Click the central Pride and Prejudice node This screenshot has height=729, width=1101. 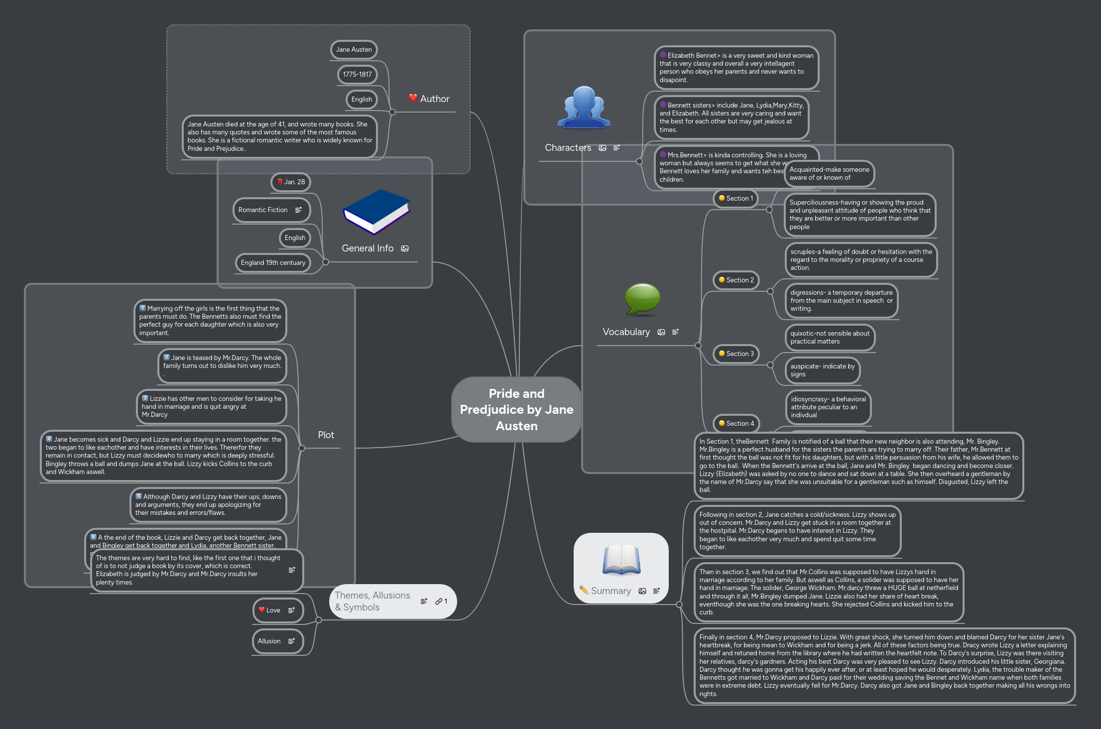pyautogui.click(x=516, y=409)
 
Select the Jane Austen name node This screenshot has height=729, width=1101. pyautogui.click(x=354, y=50)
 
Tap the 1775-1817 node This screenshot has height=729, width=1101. pyautogui.click(x=357, y=75)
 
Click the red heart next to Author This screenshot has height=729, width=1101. pyautogui.click(x=413, y=98)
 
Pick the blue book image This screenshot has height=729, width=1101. pyautogui.click(x=376, y=212)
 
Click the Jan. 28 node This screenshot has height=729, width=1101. pyautogui.click(x=291, y=182)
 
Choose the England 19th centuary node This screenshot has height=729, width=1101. pyautogui.click(x=273, y=263)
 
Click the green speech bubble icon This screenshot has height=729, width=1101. pyautogui.click(x=642, y=299)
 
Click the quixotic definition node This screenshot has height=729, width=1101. pyautogui.click(x=830, y=338)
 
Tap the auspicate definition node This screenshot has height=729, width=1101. pyautogui.click(x=822, y=370)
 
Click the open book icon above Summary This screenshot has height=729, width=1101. pyautogui.click(x=621, y=559)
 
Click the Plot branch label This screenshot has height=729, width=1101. pyautogui.click(x=326, y=435)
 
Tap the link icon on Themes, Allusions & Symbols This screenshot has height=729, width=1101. pyautogui.click(x=439, y=602)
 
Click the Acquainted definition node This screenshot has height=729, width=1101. pyautogui.click(x=829, y=174)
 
